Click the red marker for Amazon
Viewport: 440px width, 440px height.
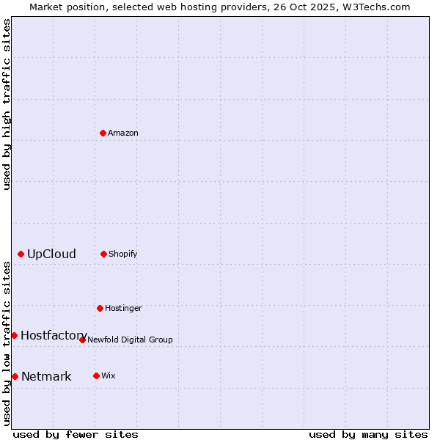point(103,133)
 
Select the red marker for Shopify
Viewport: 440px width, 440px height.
point(103,254)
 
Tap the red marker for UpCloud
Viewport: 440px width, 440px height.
point(21,254)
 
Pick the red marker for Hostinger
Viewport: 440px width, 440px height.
point(100,308)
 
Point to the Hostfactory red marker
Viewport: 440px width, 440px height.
point(14,335)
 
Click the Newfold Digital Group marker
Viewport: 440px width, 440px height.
point(82,340)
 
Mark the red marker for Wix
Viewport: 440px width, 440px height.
point(96,375)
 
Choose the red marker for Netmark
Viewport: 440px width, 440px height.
point(15,376)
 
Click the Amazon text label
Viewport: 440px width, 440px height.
point(123,133)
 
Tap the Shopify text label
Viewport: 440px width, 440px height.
point(123,254)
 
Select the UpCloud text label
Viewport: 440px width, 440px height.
point(51,254)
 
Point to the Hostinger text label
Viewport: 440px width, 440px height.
point(123,308)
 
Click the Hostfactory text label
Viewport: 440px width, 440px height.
point(54,335)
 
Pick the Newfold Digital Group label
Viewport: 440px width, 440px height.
point(130,340)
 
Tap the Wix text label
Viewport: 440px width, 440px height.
point(109,375)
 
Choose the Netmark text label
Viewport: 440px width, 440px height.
point(46,376)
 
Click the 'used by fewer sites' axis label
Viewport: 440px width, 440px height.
point(76,434)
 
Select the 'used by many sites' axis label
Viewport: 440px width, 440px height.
point(368,434)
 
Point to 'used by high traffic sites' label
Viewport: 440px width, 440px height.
point(7,104)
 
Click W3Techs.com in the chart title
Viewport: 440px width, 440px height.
point(374,7)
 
